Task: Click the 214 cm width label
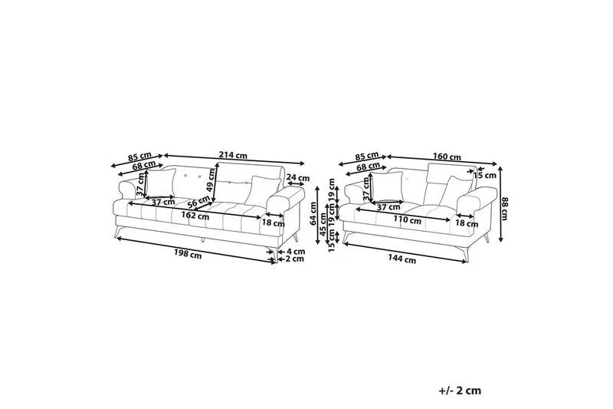tap(234, 155)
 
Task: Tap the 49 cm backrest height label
tap(211, 180)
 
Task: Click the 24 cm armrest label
tap(298, 178)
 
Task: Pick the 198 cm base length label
tap(188, 256)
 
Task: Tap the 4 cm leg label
tap(296, 251)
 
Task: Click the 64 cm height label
tap(313, 213)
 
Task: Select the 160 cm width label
tap(447, 157)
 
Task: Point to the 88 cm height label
tap(504, 209)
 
